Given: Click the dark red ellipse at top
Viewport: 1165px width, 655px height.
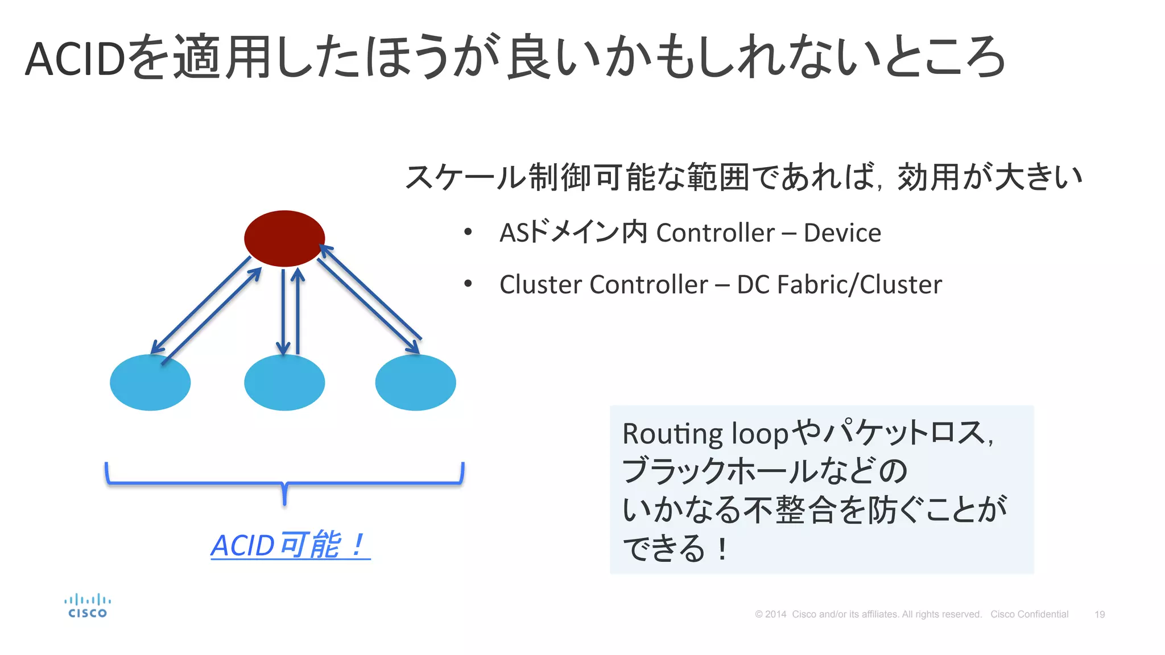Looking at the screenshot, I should click(284, 238).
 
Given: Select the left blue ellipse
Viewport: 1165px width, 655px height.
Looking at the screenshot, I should click(150, 382).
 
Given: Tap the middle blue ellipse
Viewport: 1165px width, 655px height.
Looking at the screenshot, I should click(284, 382).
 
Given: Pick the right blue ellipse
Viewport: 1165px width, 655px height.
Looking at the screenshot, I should click(415, 382).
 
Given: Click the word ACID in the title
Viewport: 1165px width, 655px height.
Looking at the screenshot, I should click(75, 59).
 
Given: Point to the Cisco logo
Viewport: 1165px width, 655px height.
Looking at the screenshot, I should click(87, 606).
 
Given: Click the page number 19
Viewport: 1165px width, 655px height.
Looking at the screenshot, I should click(1099, 615).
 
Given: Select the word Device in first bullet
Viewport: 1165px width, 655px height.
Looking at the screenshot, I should click(842, 233).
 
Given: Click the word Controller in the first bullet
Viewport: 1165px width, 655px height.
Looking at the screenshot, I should click(715, 233).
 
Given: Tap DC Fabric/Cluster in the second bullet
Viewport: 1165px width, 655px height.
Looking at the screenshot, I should click(839, 284).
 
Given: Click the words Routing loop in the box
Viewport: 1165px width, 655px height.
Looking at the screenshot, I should click(705, 434).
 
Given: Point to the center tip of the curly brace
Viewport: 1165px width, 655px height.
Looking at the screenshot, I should click(284, 503).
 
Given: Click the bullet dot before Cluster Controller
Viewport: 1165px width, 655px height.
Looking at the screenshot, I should click(468, 284).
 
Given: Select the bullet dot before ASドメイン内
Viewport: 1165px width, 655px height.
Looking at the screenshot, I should click(468, 232).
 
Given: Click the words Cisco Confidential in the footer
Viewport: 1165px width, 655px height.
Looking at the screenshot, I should click(1029, 615).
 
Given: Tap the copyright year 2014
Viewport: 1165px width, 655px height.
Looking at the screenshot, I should click(775, 615).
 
